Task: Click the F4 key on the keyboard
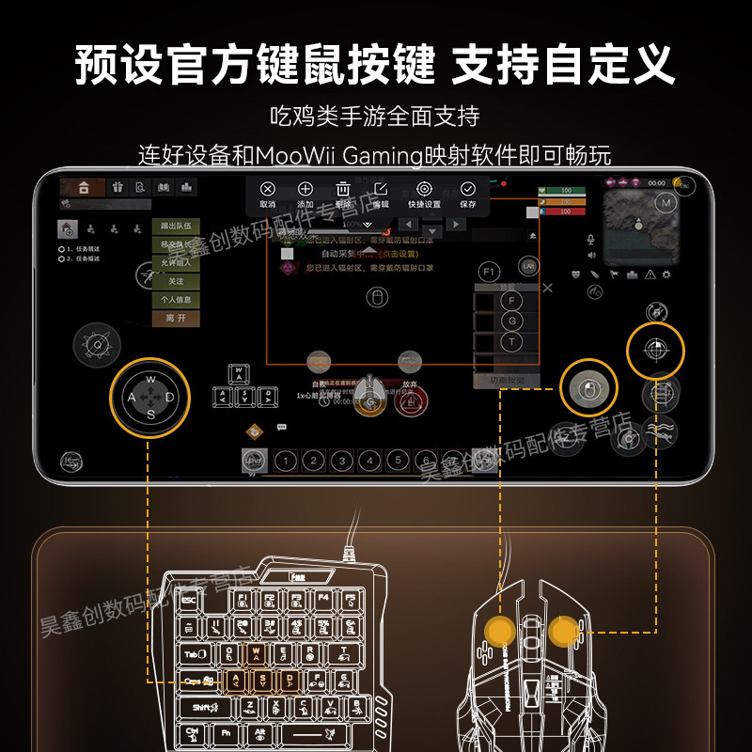(x=323, y=597)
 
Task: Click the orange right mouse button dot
(x=564, y=631)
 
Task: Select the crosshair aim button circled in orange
(x=656, y=350)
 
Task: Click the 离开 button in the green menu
(x=176, y=319)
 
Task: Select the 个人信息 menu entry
(x=176, y=300)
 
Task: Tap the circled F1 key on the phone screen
(x=488, y=272)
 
